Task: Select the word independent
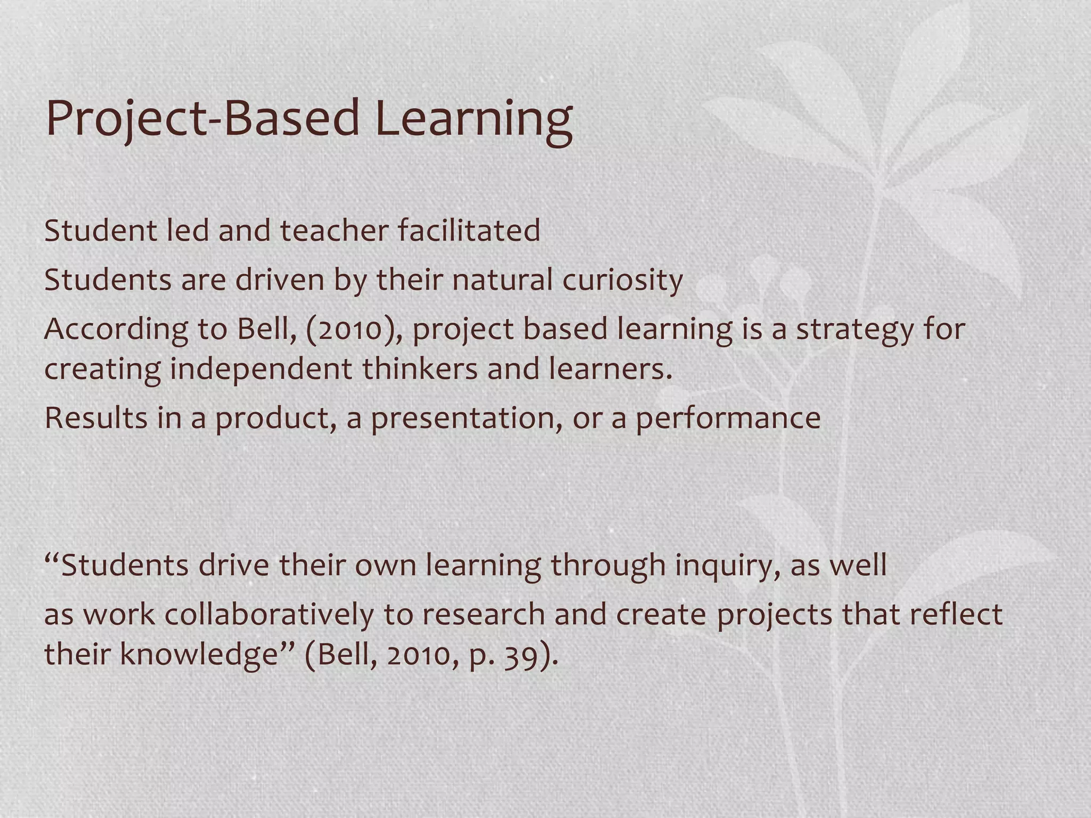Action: (261, 370)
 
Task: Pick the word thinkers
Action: (420, 369)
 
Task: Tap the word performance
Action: (728, 419)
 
